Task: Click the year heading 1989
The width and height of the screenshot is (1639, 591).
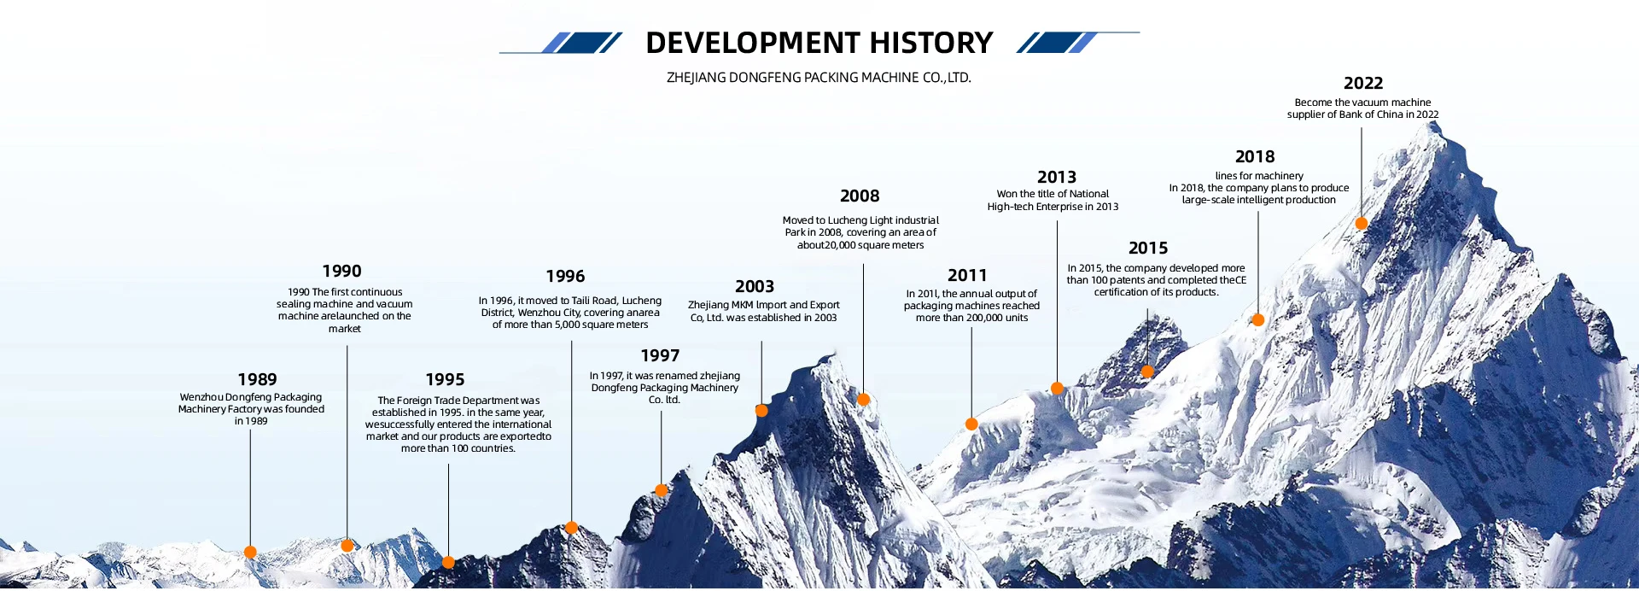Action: pyautogui.click(x=257, y=379)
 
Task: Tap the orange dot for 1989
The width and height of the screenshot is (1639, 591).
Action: pyautogui.click(x=250, y=552)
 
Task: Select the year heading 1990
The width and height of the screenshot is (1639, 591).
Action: pyautogui.click(x=341, y=271)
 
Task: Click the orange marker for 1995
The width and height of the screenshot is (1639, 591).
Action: pyautogui.click(x=448, y=562)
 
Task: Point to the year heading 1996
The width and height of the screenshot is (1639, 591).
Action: pyautogui.click(x=565, y=276)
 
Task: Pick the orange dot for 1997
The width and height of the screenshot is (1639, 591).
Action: pyautogui.click(x=661, y=490)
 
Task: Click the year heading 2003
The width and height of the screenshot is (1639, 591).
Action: pyautogui.click(x=755, y=286)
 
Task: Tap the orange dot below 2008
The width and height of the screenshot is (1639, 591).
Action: pyautogui.click(x=863, y=399)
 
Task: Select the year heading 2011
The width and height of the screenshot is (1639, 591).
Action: pyautogui.click(x=967, y=275)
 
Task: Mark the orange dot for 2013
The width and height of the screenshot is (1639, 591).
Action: pyautogui.click(x=1057, y=388)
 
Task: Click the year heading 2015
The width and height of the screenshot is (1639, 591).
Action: pyautogui.click(x=1148, y=248)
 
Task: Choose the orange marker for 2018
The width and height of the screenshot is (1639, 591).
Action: pyautogui.click(x=1257, y=319)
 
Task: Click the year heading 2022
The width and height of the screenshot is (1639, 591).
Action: pyautogui.click(x=1363, y=83)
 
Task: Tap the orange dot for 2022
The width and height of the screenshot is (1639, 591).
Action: pyautogui.click(x=1362, y=223)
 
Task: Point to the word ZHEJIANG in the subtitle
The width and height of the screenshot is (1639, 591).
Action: pyautogui.click(x=696, y=78)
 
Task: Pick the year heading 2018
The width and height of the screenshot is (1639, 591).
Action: pyautogui.click(x=1255, y=156)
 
